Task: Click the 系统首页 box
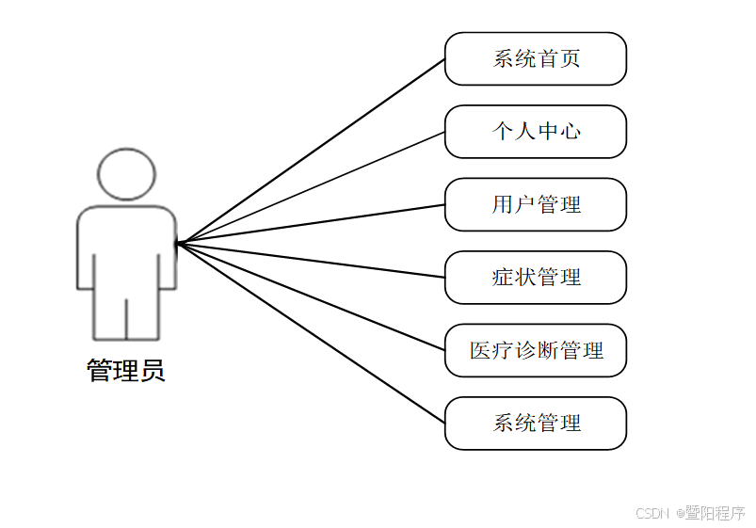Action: click(535, 58)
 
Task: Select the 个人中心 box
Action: click(535, 132)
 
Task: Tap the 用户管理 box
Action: click(535, 204)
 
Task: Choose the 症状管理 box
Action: click(535, 278)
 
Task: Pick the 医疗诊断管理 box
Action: click(535, 351)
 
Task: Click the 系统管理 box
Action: click(535, 424)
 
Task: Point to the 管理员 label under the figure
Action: click(126, 371)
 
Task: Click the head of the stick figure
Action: click(126, 173)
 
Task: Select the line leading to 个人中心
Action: click(311, 186)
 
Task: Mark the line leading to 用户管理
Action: click(311, 224)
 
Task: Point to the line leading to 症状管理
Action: click(311, 260)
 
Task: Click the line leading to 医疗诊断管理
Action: click(311, 296)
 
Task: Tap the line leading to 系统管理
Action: click(311, 333)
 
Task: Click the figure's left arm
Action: click(86, 259)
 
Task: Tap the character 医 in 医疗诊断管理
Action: click(481, 351)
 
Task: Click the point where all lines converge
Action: click(178, 243)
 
